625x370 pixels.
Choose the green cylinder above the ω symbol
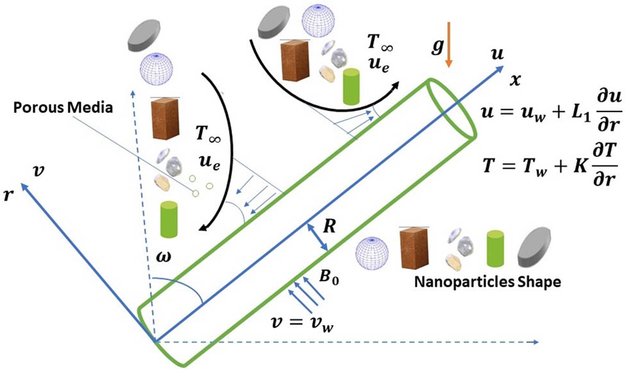pyautogui.click(x=169, y=219)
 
